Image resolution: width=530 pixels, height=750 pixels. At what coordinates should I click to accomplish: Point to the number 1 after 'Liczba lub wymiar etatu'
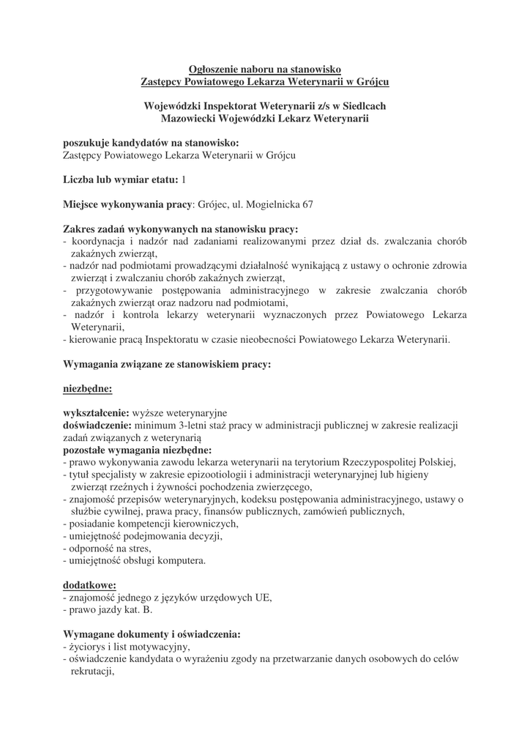click(184, 179)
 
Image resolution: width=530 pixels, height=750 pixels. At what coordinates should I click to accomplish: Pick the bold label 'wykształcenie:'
click(97, 413)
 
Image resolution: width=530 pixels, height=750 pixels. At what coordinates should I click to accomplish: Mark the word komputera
click(182, 561)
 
